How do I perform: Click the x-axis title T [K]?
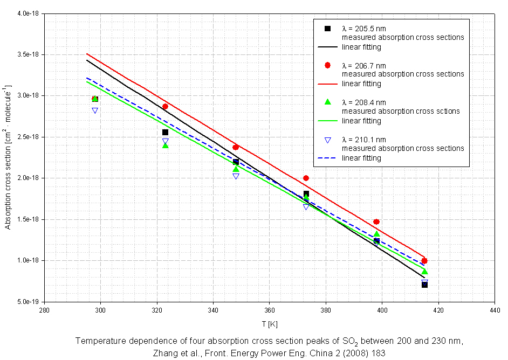click(x=269, y=324)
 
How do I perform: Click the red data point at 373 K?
click(x=306, y=178)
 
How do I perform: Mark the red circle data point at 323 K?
click(x=165, y=106)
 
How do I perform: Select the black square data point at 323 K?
click(x=165, y=132)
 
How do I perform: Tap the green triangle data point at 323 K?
click(x=165, y=146)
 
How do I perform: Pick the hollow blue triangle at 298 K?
click(x=95, y=110)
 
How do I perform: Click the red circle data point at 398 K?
click(x=376, y=221)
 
